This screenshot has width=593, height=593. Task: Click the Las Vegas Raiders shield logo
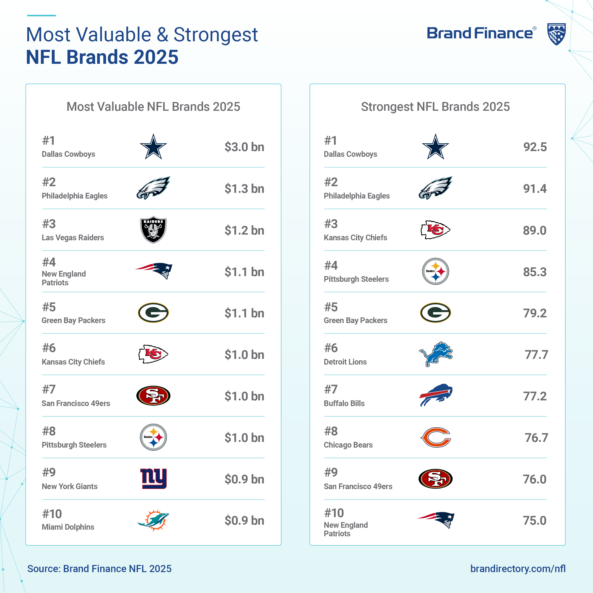(153, 230)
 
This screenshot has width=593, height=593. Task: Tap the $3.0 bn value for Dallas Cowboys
(244, 147)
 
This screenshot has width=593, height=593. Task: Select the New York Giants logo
(153, 478)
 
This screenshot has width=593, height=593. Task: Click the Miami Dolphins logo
(153, 520)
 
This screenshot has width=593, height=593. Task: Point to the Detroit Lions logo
(435, 354)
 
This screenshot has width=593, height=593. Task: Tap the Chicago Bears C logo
(435, 437)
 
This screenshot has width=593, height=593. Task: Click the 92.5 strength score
(535, 147)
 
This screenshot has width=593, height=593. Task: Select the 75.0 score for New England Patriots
(535, 521)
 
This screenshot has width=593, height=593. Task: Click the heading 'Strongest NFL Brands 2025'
(435, 107)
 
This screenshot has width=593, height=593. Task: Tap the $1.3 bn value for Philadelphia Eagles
(244, 189)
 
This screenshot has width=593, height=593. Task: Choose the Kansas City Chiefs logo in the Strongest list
(435, 230)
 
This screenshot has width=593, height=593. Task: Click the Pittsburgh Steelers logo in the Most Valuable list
(153, 437)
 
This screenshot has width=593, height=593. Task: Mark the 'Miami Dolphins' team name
(68, 527)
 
